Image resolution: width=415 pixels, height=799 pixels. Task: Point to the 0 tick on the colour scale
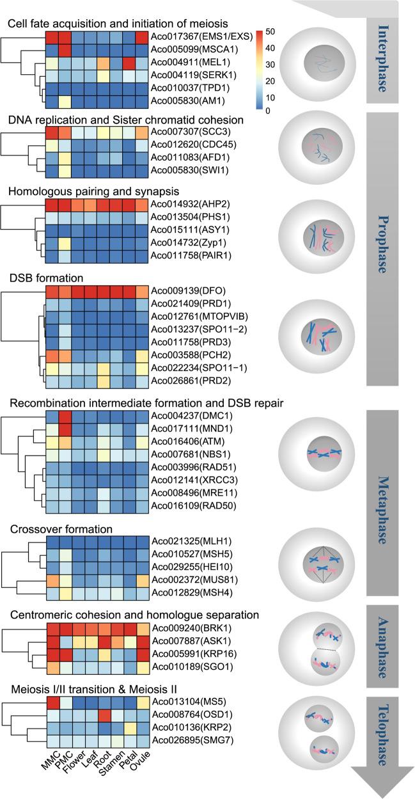point(272,110)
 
